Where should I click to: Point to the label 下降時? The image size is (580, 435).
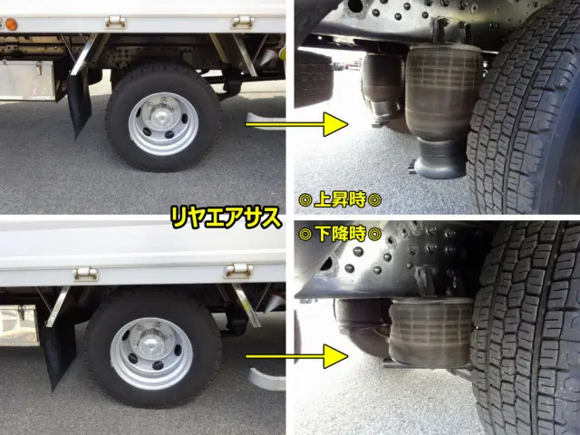341,234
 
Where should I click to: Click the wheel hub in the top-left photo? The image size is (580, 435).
163,122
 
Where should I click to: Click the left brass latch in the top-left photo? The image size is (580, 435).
115,20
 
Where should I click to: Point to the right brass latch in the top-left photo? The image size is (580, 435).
240,20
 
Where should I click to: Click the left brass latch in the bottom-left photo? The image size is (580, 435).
85,272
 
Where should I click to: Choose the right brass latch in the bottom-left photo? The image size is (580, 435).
238,269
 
